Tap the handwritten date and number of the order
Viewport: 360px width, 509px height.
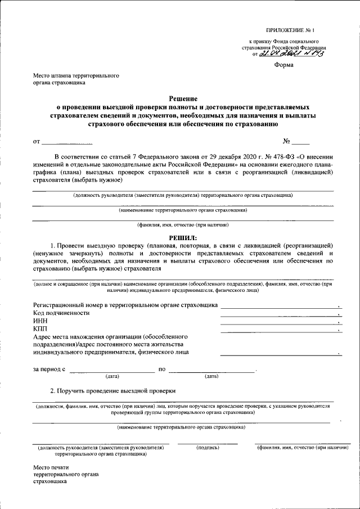pos(292,54)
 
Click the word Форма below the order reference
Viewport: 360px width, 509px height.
pos(283,65)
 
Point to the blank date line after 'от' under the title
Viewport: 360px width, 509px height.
pos(67,142)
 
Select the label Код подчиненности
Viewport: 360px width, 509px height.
pos(61,313)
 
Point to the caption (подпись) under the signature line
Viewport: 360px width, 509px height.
pos(208,448)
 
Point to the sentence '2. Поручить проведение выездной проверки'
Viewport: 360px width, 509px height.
pos(113,390)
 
